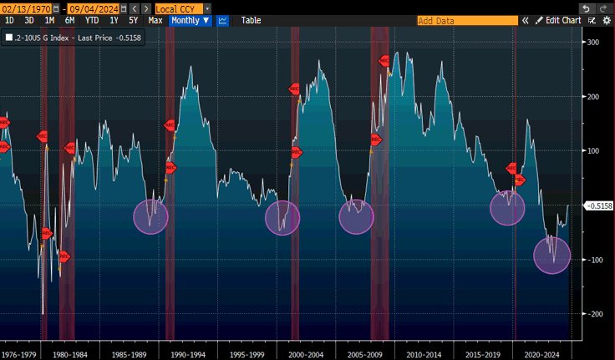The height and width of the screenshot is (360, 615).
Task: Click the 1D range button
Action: point(9,20)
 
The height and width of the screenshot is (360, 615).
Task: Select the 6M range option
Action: point(69,20)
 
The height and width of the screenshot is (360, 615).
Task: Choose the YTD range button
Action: point(91,20)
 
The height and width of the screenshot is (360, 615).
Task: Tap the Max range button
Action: point(155,20)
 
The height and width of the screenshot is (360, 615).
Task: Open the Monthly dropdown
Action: point(189,20)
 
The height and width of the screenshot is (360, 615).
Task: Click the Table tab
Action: point(251,20)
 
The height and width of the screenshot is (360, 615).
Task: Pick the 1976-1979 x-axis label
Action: point(19,353)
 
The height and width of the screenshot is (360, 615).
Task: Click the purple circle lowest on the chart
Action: point(551,255)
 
